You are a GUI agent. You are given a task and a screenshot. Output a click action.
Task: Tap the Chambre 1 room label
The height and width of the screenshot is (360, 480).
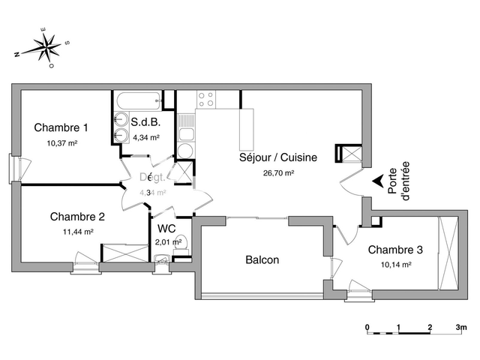pyautogui.click(x=61, y=127)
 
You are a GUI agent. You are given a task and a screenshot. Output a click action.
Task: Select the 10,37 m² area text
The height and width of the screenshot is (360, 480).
pyautogui.click(x=62, y=142)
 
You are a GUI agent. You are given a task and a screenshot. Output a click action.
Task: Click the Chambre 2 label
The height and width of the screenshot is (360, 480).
pyautogui.click(x=77, y=217)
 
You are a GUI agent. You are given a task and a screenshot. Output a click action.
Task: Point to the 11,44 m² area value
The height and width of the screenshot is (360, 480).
pyautogui.click(x=78, y=232)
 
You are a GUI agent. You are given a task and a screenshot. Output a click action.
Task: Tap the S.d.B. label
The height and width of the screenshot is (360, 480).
pyautogui.click(x=145, y=122)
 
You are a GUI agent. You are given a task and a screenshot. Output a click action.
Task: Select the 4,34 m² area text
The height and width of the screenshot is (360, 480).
pyautogui.click(x=145, y=137)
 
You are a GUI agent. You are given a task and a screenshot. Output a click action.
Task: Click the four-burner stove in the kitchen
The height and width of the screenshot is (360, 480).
pyautogui.click(x=205, y=100)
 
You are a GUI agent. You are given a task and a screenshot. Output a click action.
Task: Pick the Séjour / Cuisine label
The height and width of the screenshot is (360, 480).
pyautogui.click(x=277, y=157)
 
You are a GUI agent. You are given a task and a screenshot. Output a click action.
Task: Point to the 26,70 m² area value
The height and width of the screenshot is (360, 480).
pyautogui.click(x=277, y=172)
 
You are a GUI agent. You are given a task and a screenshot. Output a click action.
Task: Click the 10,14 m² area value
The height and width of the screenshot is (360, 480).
pyautogui.click(x=395, y=265)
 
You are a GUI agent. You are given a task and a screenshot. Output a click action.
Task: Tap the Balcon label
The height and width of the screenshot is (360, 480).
pyautogui.click(x=262, y=260)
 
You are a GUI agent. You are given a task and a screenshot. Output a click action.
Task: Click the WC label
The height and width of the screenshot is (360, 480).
pyautogui.click(x=166, y=228)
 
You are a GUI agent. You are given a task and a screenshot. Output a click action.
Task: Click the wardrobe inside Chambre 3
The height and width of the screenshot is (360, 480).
pyautogui.click(x=448, y=253)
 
